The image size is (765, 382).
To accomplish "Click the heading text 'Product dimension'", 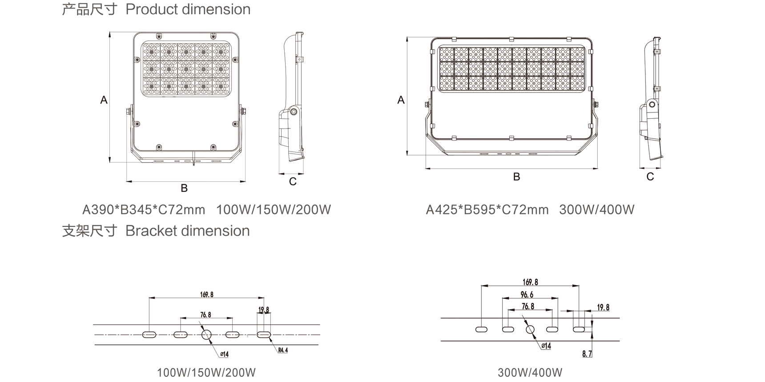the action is pos(188,9).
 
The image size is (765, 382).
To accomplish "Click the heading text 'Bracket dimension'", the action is pos(188,231).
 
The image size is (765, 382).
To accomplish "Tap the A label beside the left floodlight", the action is pos(104,100).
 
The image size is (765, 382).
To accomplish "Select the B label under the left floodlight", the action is pos(184,188).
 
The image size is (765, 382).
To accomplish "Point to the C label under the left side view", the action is pos(293,181).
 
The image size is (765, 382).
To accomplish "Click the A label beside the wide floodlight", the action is pos(401,100).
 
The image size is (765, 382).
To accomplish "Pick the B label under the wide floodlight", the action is pos(516,177).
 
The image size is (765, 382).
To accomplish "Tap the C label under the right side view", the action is pos(650,177).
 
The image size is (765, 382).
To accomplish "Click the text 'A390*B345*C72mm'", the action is pos(144,209).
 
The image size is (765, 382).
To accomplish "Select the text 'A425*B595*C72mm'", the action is pos(487,209).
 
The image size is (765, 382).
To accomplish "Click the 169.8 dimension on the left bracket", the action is pos(207,294).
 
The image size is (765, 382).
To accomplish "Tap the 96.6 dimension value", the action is pos(527,294).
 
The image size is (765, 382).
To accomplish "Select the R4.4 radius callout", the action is pos(283,350).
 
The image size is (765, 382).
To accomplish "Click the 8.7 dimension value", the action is pos(587,354).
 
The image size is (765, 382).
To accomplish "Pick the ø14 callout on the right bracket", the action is pos(546,346).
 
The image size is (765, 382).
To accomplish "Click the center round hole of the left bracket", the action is pos(206,334).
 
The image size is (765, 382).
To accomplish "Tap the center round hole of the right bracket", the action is pos(530,330).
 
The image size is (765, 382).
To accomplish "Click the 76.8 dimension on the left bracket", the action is pos(205,315).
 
